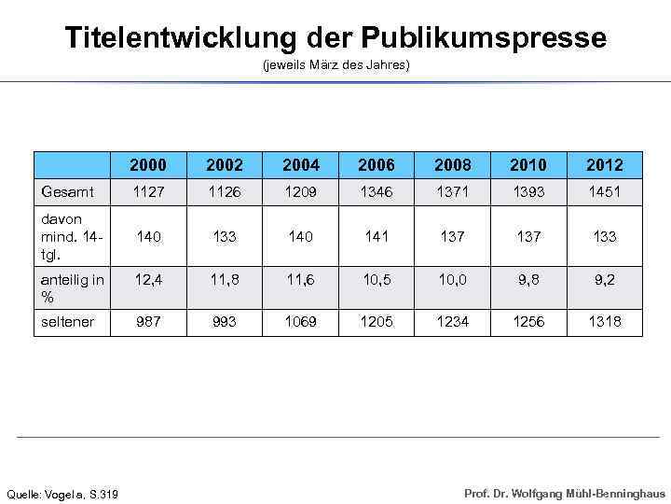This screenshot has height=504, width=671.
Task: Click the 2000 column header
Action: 148,165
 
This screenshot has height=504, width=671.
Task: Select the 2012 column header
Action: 605,165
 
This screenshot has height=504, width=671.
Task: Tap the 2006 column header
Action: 377,165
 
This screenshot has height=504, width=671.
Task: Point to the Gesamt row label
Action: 67,191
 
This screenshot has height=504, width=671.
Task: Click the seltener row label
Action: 67,321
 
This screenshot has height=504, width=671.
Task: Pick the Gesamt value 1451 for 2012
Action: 605,191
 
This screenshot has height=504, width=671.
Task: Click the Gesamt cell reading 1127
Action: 148,191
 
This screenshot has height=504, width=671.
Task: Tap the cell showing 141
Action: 377,236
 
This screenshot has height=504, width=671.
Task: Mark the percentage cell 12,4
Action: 148,278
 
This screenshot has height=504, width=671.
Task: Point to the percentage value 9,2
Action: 605,278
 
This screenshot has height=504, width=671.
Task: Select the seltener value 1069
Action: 300,321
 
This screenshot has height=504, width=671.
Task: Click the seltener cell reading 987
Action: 148,321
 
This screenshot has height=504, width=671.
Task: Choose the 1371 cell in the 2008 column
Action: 453,191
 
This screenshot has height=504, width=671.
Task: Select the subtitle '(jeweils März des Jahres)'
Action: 335,66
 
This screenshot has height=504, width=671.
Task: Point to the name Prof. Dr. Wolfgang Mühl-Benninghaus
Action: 565,493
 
